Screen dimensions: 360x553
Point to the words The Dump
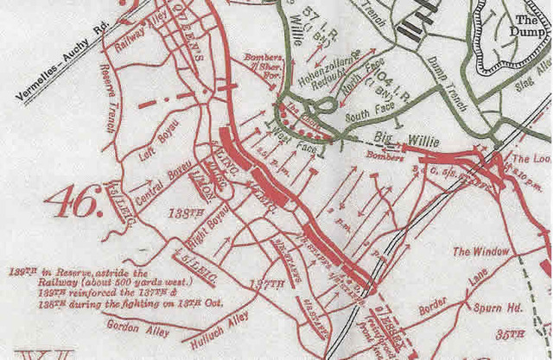(529, 26)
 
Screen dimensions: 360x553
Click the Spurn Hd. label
(504, 306)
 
